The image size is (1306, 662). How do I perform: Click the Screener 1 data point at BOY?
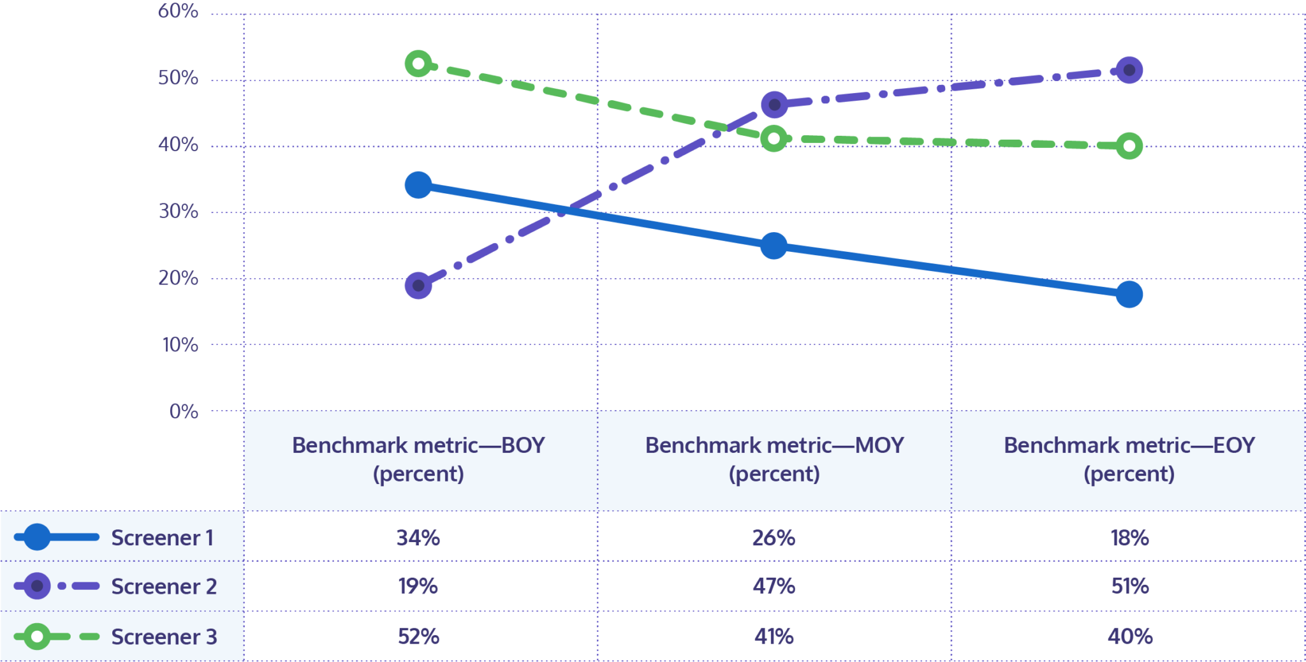[x=418, y=185]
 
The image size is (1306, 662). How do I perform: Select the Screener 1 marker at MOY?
[x=774, y=246]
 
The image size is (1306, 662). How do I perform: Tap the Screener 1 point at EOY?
[x=1129, y=294]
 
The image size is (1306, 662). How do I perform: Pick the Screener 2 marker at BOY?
[x=418, y=285]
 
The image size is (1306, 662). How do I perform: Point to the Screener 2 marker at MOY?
[x=774, y=105]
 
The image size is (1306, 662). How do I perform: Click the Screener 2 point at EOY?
[x=1129, y=70]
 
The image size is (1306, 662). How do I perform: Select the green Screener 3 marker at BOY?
[x=418, y=64]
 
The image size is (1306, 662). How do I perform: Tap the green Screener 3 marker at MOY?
[x=774, y=138]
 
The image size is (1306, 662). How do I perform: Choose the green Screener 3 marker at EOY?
[x=1129, y=146]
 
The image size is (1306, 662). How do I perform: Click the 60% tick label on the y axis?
[x=178, y=11]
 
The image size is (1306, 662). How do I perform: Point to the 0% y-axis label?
[x=184, y=411]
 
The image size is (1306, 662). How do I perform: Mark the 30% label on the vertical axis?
[x=178, y=211]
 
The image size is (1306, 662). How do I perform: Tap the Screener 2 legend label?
[x=164, y=586]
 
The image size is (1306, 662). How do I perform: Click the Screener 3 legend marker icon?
[x=37, y=636]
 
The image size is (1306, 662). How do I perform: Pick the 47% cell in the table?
[x=774, y=586]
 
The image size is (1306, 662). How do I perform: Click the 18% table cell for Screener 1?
[x=1129, y=538]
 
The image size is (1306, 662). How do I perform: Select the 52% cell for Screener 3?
[x=418, y=636]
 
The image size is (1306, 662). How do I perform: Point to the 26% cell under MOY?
[x=774, y=538]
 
